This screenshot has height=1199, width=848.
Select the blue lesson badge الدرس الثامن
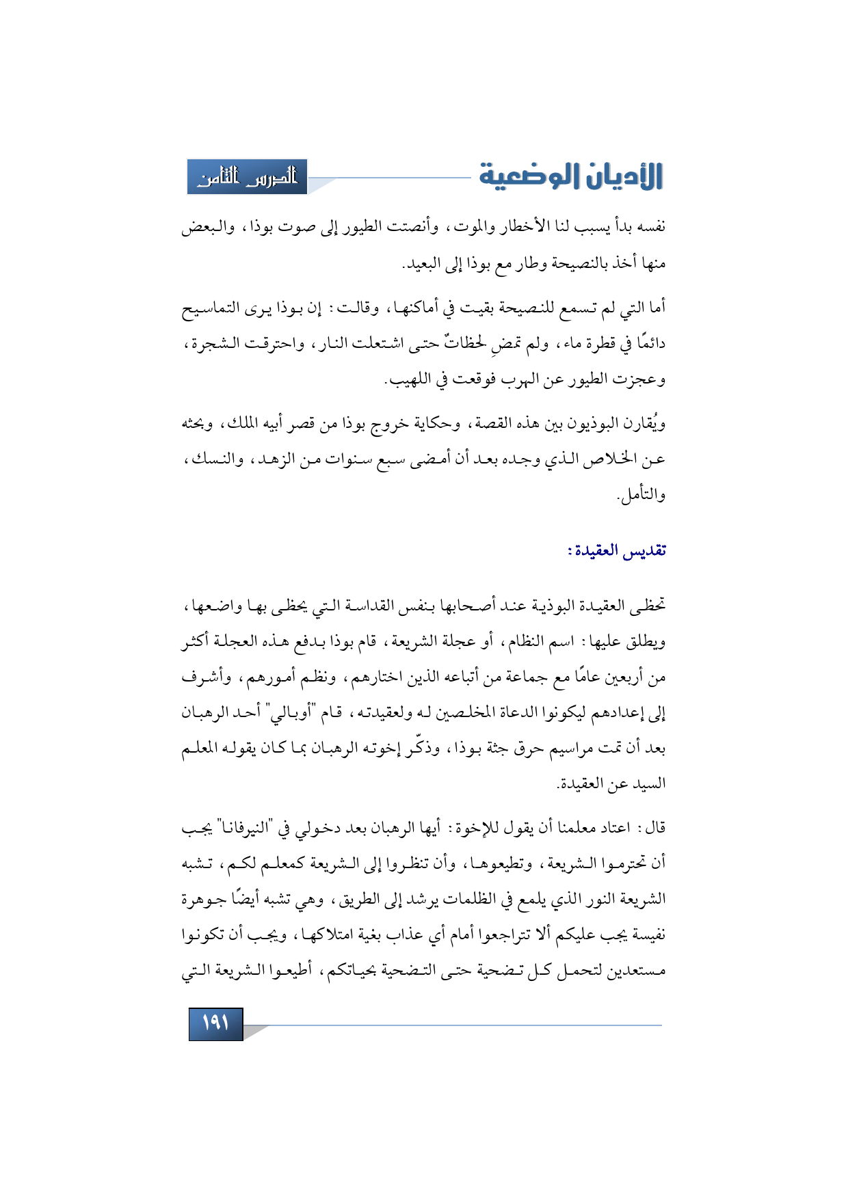pos(247,177)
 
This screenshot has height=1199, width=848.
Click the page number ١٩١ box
pos(215,1023)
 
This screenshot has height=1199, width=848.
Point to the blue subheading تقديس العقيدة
pos(617,550)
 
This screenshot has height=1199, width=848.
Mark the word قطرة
pos(599,344)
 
